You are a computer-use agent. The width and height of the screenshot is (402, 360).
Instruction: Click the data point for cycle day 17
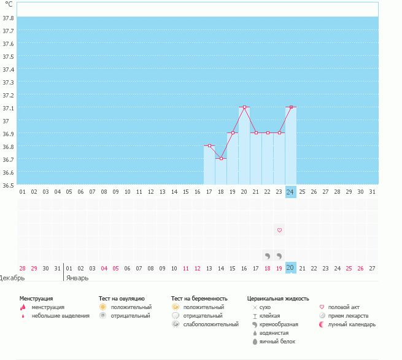[209, 146]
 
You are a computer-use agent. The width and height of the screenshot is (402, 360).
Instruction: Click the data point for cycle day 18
[221, 158]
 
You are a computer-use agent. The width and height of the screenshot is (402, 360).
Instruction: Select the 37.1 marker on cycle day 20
[244, 107]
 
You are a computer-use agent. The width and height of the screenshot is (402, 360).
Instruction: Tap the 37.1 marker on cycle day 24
[291, 107]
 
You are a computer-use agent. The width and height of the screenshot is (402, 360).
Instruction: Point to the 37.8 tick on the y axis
[9, 18]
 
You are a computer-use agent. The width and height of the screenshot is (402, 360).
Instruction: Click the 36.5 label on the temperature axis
[9, 184]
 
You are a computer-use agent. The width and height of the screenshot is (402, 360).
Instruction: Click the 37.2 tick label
[9, 95]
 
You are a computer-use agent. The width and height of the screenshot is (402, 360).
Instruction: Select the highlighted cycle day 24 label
[291, 191]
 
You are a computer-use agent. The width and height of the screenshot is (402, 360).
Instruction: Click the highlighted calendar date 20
[291, 268]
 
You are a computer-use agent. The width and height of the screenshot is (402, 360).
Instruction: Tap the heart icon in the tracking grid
[279, 230]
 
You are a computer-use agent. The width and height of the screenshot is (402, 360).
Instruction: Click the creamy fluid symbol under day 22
[268, 255]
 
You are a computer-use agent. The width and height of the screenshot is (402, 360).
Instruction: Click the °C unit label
[9, 4]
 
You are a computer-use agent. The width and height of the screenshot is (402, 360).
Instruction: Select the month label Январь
[77, 277]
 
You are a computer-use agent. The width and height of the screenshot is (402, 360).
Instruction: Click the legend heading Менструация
[36, 299]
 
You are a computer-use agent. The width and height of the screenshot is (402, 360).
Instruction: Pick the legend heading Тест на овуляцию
[122, 299]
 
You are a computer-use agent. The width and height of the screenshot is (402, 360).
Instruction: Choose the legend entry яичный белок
[278, 341]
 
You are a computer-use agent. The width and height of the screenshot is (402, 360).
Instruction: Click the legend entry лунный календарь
[352, 324]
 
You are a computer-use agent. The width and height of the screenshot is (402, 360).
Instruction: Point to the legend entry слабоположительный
[211, 324]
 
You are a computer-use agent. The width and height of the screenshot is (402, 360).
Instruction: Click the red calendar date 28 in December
[22, 268]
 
